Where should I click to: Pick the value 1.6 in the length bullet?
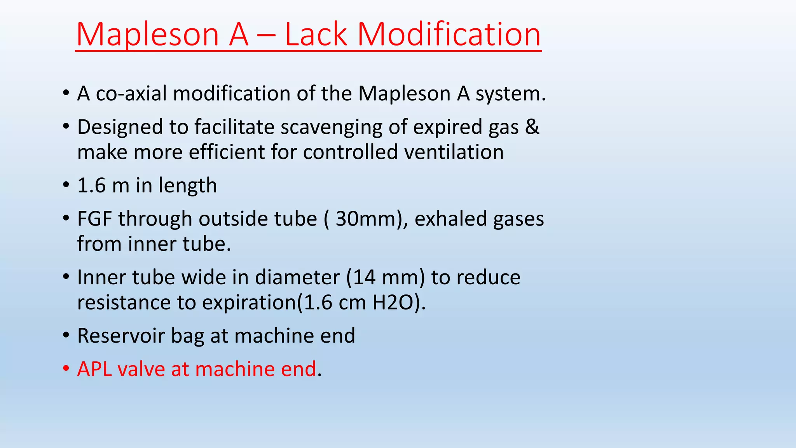(91, 185)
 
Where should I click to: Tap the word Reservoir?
(120, 336)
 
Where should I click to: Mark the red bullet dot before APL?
(66, 368)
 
